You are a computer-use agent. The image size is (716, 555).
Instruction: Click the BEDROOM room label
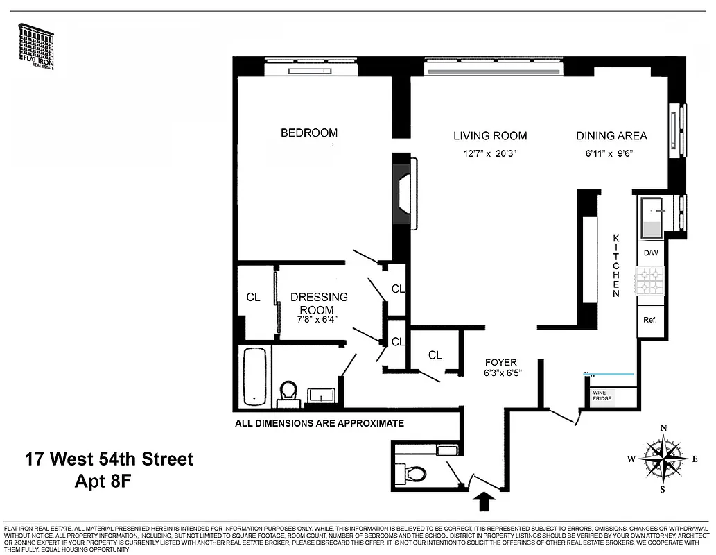[309, 133]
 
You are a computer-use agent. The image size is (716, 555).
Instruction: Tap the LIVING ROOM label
[490, 136]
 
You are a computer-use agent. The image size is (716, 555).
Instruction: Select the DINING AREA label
[611, 136]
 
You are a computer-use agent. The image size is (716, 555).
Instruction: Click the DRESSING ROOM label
[319, 303]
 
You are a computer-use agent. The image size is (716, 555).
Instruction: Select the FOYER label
[500, 362]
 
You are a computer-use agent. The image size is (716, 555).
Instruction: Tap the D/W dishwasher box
[650, 253]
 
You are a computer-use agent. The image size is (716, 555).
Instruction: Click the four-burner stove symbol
[650, 280]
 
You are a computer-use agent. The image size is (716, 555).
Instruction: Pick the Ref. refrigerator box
[650, 320]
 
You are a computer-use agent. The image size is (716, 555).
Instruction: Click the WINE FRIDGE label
[602, 395]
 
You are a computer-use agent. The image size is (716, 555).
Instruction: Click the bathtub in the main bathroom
[254, 377]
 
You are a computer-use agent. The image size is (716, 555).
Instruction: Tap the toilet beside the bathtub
[288, 392]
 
